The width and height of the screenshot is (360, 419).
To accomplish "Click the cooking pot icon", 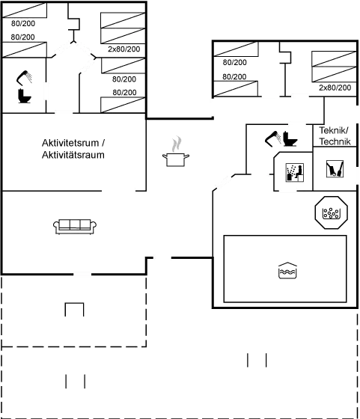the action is (176, 159).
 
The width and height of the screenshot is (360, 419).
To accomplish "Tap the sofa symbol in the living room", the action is (75, 227).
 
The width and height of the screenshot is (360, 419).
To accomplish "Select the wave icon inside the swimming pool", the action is (287, 270).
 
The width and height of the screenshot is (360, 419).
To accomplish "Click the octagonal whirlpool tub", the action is (332, 212).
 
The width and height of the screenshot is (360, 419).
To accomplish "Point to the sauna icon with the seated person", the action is (295, 172).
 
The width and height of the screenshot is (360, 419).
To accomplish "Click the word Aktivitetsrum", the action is (70, 143).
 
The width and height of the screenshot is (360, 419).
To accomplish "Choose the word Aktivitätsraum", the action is (73, 155).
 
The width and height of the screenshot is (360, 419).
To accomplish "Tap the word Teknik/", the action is (334, 130).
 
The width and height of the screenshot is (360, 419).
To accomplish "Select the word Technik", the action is (335, 141).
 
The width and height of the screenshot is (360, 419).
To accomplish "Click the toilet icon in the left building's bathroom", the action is (24, 96).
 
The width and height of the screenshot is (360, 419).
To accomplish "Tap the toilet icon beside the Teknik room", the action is (290, 138).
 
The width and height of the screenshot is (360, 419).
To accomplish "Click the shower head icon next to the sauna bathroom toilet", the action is (273, 138).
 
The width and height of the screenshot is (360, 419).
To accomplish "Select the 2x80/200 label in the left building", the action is (124, 49).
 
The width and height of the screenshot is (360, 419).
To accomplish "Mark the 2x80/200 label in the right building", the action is (335, 88).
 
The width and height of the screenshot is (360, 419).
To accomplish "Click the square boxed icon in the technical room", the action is (335, 168).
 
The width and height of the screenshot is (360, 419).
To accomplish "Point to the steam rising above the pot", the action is (177, 144).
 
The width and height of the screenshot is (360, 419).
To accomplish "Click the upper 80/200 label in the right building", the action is (235, 63).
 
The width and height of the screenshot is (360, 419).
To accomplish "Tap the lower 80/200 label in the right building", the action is (234, 77).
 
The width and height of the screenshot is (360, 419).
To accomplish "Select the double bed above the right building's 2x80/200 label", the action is (334, 67).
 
